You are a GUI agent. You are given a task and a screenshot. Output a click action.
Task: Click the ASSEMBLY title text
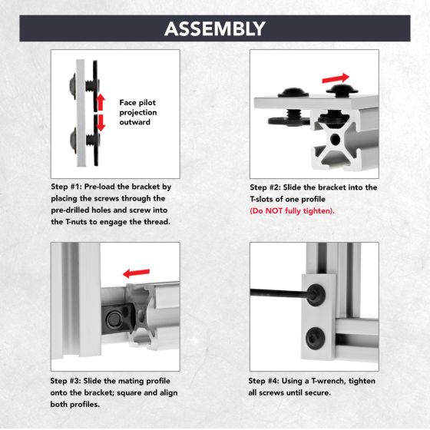[215, 28]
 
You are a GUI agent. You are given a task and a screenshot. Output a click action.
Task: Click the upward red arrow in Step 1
[101, 102]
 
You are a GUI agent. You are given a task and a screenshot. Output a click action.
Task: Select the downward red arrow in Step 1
[101, 123]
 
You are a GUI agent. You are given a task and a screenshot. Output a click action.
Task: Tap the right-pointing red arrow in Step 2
[336, 78]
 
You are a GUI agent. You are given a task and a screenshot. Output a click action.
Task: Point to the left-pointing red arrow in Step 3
[137, 273]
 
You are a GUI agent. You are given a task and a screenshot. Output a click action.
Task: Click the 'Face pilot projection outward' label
[138, 112]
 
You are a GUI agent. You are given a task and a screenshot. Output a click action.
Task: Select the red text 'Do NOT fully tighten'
[292, 211]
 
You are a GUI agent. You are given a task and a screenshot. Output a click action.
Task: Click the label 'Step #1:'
[66, 187]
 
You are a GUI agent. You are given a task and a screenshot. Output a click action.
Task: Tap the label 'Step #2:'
[265, 187]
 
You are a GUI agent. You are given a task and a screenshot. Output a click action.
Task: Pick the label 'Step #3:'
[65, 381]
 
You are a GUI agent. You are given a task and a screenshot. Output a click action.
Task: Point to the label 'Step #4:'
[263, 381]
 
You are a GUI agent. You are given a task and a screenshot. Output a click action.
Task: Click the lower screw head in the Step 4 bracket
[316, 336]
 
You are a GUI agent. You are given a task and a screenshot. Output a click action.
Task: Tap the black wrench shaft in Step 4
[280, 293]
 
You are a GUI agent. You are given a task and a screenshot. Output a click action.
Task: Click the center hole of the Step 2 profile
[335, 140]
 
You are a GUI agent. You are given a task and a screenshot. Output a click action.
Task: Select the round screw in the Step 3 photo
[114, 319]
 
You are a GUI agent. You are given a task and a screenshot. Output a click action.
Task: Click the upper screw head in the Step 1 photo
[73, 86]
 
